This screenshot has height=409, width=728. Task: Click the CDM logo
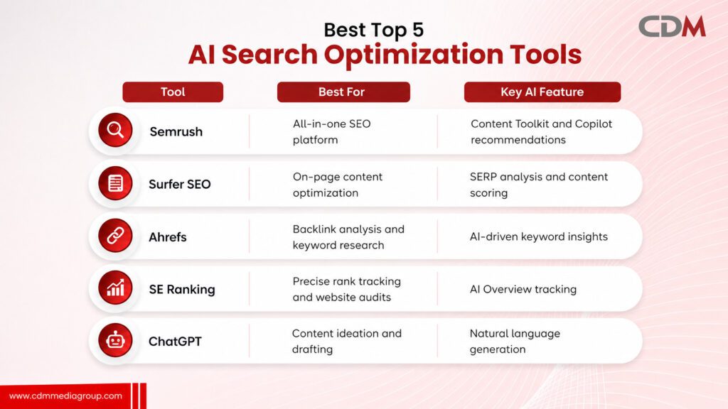[x=672, y=26]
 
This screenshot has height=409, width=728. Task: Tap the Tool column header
[x=173, y=92]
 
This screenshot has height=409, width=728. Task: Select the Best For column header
[x=343, y=92]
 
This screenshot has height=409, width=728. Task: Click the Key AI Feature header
[x=542, y=92]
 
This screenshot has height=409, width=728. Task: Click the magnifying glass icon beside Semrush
[x=115, y=131]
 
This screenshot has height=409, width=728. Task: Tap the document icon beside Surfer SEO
[x=115, y=183]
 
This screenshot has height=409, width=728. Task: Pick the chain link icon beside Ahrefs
[x=115, y=236]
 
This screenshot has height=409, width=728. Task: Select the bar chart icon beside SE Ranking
[x=115, y=288]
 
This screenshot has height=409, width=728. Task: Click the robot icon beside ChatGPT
[x=115, y=340]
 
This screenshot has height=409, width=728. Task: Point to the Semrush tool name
[x=176, y=131]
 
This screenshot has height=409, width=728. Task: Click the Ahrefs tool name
[x=168, y=237]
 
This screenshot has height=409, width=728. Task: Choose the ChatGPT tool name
[x=175, y=342]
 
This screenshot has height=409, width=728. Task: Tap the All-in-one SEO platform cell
[x=331, y=131]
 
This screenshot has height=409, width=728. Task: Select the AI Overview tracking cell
[x=523, y=290]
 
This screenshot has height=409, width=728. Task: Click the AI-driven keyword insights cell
[x=539, y=236]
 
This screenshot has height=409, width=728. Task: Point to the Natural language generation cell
[x=515, y=342]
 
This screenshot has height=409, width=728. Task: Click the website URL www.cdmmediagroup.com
[x=65, y=396]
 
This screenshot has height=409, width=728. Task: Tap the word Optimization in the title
[x=414, y=55]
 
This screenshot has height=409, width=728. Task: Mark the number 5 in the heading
[x=417, y=30]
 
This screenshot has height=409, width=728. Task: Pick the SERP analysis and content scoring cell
[x=539, y=185]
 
